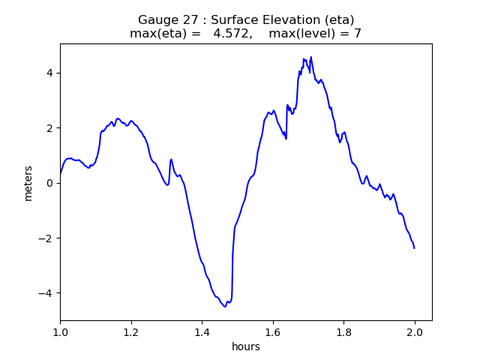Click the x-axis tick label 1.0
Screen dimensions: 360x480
[x=60, y=331]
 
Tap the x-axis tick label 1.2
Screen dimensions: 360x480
[x=131, y=331]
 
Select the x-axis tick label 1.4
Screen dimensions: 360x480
[x=202, y=331]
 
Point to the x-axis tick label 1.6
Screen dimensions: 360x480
[x=273, y=331]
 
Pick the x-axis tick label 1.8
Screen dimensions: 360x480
[x=343, y=331]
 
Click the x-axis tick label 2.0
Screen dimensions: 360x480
[x=415, y=331]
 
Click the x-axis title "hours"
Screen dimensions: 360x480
[x=246, y=346]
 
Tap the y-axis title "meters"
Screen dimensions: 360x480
[x=28, y=183]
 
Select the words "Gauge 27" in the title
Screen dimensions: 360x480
[x=163, y=20]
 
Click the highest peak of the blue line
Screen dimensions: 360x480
[x=310, y=57]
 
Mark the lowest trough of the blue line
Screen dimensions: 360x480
[x=225, y=306]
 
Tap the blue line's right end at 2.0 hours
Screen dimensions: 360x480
[x=414, y=247]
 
